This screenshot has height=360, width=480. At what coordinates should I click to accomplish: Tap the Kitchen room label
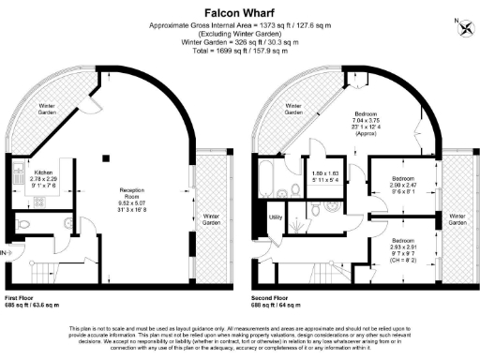pos(43,172)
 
